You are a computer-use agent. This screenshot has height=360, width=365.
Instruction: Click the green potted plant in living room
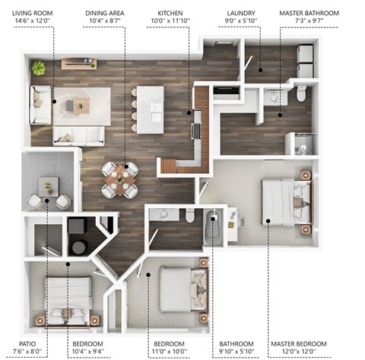click(39, 68)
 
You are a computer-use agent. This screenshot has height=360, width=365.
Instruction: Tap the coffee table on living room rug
click(80, 106)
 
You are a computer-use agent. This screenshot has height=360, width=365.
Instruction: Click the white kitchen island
click(154, 106)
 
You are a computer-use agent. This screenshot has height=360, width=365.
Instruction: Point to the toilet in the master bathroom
click(301, 93)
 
